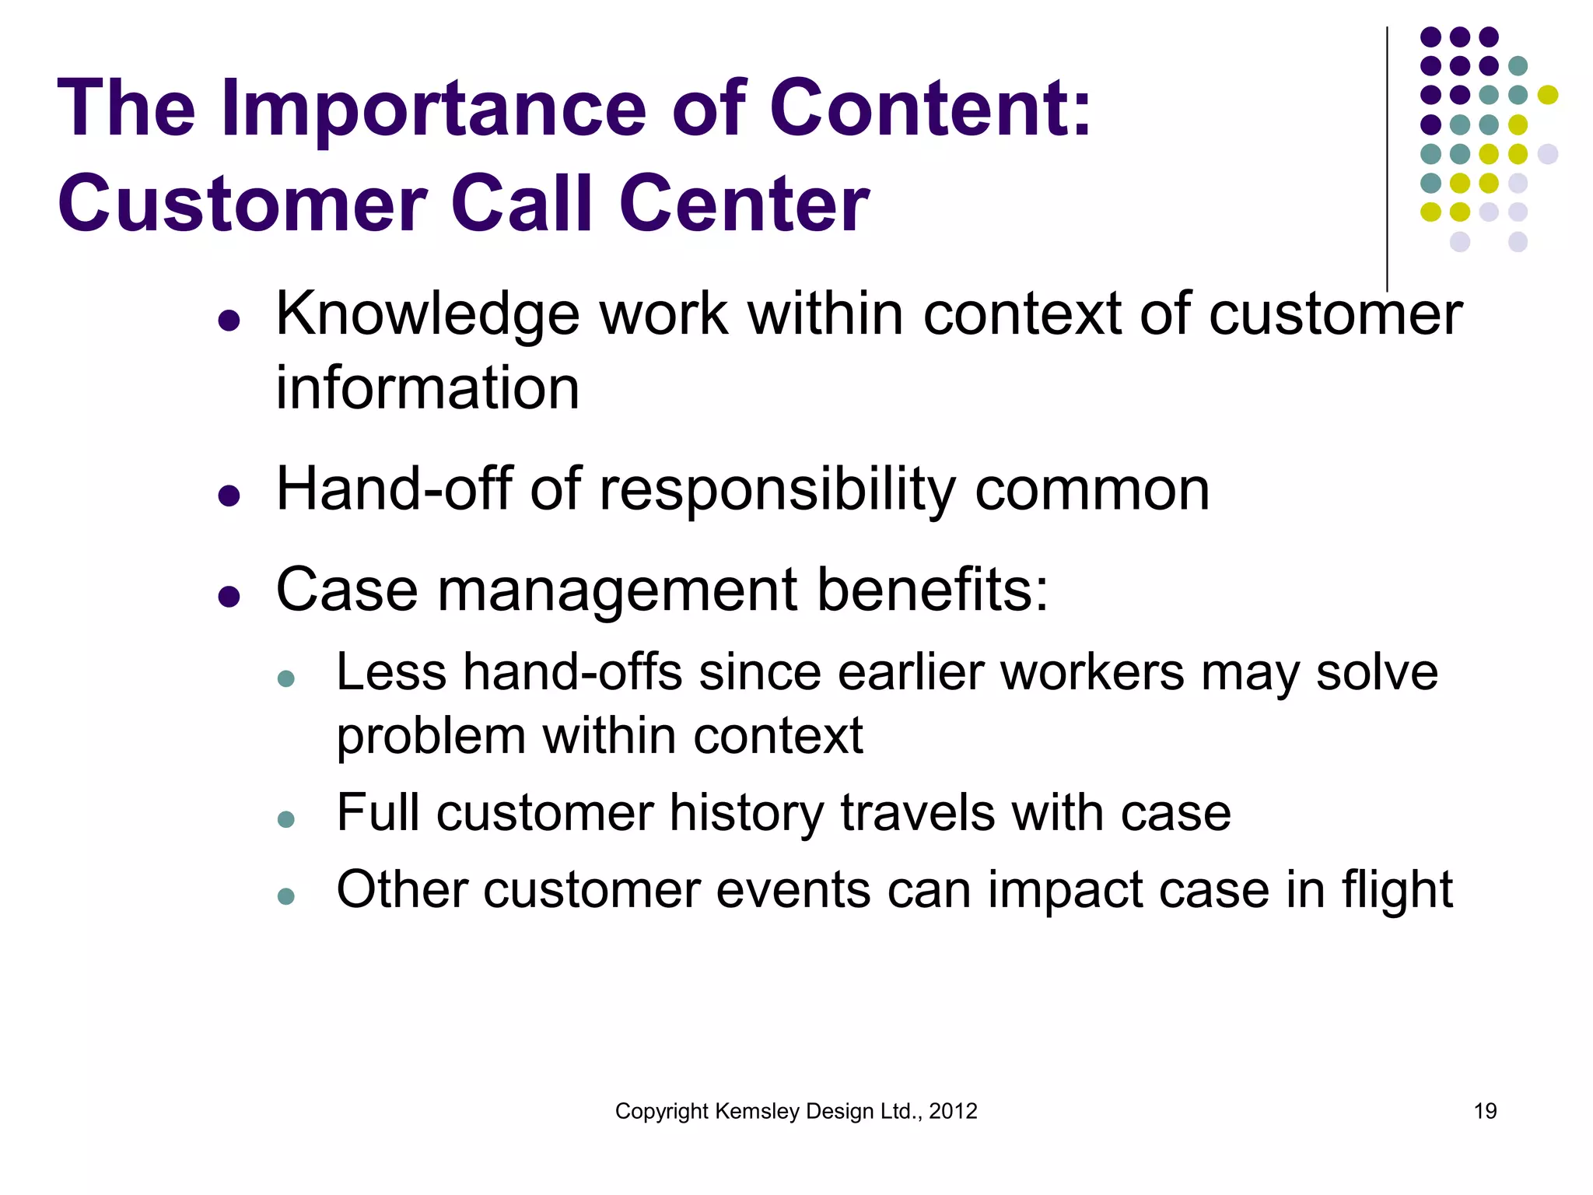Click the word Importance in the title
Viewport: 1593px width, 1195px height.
[433, 109]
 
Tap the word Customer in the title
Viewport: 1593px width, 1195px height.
[241, 204]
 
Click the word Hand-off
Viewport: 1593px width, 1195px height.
[394, 489]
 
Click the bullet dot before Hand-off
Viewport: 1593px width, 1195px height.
[229, 494]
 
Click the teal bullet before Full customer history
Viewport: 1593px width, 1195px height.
[286, 819]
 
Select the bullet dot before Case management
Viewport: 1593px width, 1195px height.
[229, 596]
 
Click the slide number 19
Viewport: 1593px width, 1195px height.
[1485, 1111]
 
